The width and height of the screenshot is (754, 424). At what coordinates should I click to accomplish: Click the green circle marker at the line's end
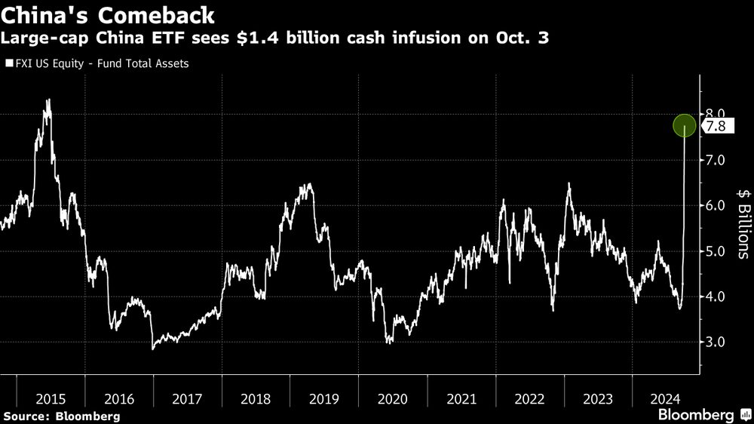684,126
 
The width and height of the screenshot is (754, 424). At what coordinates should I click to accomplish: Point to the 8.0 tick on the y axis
716,114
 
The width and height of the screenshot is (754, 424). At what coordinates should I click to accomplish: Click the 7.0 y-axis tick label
716,160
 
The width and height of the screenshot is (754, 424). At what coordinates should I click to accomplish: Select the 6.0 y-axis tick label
716,206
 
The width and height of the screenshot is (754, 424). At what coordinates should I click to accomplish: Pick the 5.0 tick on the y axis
716,251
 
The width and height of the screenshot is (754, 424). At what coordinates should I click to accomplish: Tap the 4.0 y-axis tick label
716,296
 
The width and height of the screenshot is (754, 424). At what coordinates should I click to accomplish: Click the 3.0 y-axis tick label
716,343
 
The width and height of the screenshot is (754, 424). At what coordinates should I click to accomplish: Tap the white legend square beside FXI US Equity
8,64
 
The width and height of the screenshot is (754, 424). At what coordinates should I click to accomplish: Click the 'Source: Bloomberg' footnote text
61,416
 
